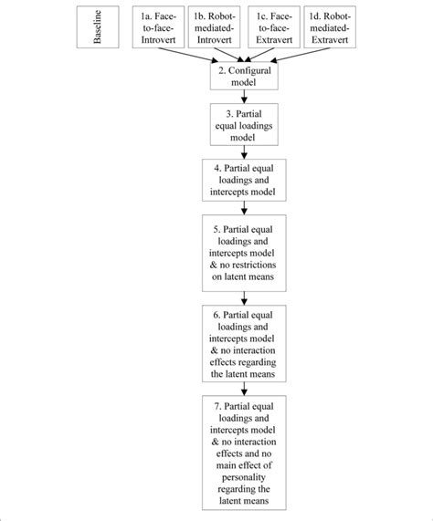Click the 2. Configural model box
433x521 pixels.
(242, 75)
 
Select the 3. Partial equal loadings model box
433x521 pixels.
(242, 127)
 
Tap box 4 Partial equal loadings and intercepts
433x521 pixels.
(242, 179)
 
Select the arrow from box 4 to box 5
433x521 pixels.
(242, 207)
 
